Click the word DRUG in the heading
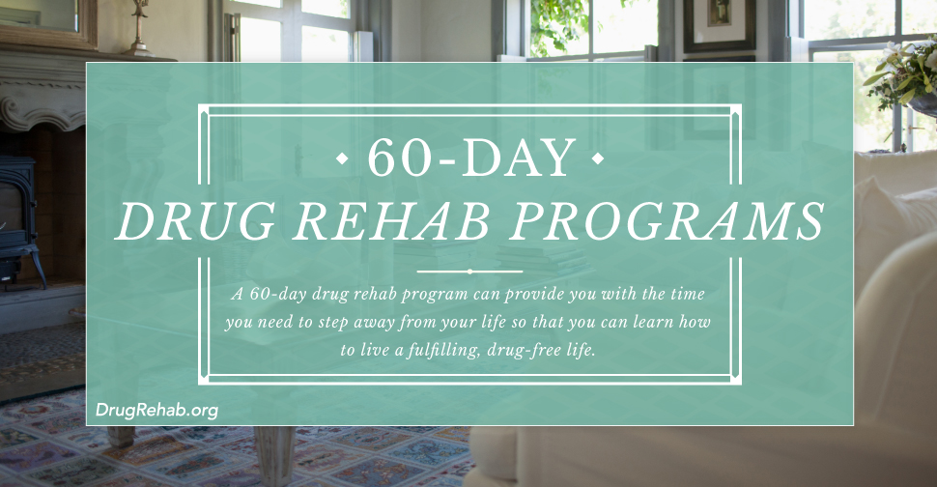[195, 220]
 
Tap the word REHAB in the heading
[392, 220]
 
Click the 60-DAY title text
[470, 158]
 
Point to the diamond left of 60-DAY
[343, 158]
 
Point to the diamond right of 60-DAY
[597, 158]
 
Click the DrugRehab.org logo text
[156, 410]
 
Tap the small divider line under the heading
[469, 272]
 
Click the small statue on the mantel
[140, 28]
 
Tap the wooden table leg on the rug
[275, 455]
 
